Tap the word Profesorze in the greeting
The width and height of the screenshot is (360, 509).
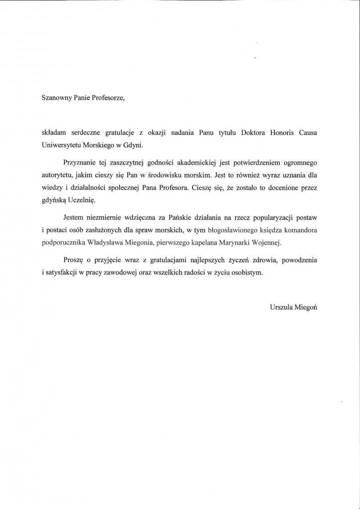[x=107, y=98]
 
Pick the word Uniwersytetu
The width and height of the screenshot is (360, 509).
[x=61, y=145]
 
